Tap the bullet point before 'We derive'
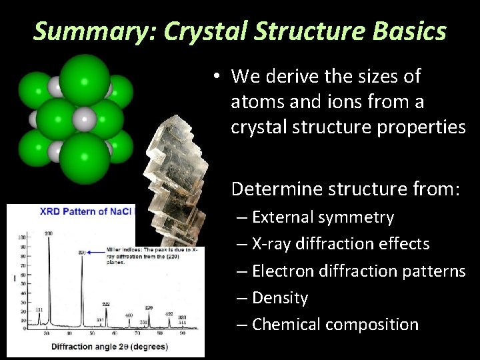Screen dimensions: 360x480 217,77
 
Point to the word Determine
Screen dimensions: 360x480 275,189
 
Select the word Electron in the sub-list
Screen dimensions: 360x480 283,271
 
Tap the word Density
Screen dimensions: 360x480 280,297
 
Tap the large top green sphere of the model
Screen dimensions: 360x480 85,78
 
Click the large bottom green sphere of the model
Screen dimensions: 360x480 85,159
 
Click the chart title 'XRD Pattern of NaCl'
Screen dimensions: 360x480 87,212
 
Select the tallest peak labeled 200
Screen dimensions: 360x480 47,280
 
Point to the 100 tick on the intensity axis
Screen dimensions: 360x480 23,237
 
